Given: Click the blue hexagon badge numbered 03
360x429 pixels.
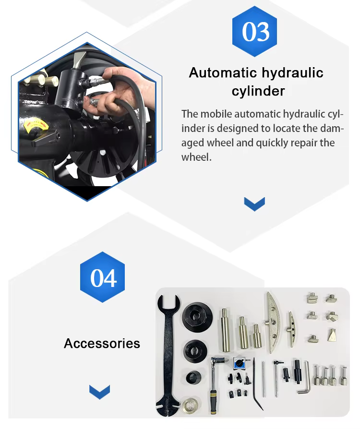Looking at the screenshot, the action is click(254, 32).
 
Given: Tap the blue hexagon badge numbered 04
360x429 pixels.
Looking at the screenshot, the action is click(102, 277).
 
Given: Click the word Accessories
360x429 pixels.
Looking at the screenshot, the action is click(102, 344).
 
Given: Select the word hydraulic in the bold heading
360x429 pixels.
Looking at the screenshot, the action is click(292, 73).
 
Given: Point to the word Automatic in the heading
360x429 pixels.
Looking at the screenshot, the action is click(223, 73).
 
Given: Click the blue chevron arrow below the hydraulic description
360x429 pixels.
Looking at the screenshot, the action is click(254, 204).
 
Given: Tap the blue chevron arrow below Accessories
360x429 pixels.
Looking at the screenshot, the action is click(99, 392).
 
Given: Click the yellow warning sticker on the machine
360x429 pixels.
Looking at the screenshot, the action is click(36, 125).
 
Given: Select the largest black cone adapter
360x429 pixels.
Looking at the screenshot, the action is click(197, 317).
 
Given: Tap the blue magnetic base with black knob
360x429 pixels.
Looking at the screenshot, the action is click(240, 363).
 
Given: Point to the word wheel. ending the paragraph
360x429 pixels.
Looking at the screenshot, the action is click(196, 157).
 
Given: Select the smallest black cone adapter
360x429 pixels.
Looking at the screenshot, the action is click(193, 378).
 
